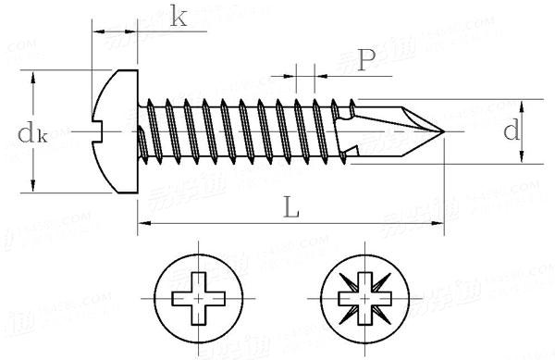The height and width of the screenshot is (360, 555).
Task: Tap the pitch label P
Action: [365, 60]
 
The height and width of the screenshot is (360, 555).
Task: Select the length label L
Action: [291, 209]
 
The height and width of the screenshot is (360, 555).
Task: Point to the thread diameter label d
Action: [511, 131]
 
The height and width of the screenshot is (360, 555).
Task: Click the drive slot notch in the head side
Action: [105, 131]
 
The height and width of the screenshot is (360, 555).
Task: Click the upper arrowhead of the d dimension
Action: [524, 103]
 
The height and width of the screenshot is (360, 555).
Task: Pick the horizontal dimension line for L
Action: [231, 223]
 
